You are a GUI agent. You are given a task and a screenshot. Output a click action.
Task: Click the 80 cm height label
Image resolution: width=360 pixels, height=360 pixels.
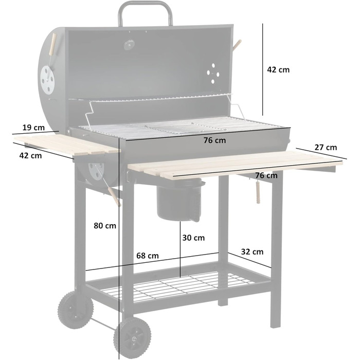tap(105, 225)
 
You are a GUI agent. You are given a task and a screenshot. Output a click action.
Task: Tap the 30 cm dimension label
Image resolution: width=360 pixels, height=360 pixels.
tap(193, 238)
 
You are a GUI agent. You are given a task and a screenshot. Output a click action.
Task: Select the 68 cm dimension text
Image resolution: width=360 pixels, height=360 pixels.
tap(147, 256)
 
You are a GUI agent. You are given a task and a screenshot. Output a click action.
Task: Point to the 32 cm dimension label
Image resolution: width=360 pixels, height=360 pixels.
tap(252, 251)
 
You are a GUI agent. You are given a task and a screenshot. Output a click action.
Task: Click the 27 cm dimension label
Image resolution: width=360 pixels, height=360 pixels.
tap(326, 148)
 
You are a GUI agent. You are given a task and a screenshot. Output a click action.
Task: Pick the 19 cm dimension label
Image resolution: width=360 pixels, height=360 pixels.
tap(33, 127)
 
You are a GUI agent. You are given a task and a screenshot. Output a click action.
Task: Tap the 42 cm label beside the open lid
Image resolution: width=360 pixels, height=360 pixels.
tap(278, 69)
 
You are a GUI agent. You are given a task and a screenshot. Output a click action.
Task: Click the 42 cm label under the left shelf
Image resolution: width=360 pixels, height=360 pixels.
tap(30, 155)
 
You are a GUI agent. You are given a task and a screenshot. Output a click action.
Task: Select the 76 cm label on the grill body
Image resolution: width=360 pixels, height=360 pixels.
tap(214, 140)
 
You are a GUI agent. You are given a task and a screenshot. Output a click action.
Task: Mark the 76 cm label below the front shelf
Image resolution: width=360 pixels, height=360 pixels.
tap(266, 175)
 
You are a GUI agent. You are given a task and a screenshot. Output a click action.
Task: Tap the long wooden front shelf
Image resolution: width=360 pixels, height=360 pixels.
tap(231, 164)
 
